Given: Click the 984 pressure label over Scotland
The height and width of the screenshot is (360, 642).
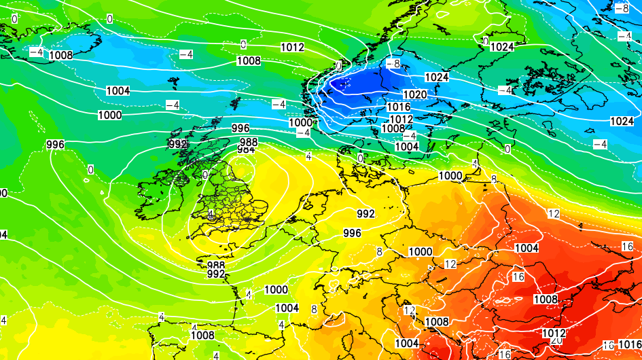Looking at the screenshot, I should (247, 149).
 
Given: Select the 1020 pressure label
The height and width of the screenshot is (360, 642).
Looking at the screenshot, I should (415, 94).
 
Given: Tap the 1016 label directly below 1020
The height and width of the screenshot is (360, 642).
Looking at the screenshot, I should (399, 107).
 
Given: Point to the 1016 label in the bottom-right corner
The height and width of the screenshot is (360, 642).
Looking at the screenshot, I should (630, 345).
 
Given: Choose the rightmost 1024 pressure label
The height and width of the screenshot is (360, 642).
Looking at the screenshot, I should (622, 121).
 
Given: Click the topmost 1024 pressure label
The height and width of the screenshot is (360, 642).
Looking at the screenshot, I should (502, 47).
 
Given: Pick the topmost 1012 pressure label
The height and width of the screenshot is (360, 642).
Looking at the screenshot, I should (292, 48).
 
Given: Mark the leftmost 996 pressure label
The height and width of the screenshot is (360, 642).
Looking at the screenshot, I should (55, 145).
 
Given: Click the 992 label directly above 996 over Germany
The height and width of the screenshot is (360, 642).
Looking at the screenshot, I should (365, 214).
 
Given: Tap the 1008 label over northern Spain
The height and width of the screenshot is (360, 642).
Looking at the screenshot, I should (202, 335).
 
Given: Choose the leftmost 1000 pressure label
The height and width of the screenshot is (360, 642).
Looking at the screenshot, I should (110, 115).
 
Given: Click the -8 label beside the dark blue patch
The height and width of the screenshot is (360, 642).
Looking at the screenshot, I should (392, 64).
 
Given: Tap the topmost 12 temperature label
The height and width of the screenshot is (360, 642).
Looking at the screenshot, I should (554, 214).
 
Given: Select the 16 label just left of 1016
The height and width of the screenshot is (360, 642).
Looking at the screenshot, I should (608, 346).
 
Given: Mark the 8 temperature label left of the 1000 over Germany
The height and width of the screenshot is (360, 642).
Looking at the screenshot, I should (380, 251).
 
